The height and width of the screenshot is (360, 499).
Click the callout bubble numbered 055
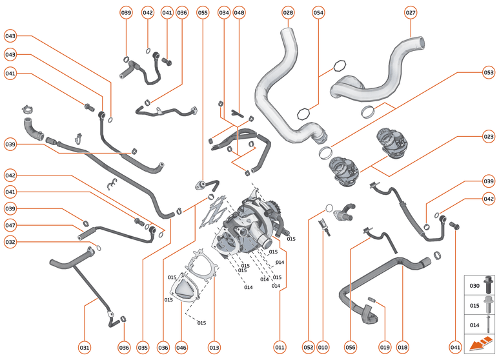203,12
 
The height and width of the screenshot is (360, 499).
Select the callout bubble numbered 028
289,12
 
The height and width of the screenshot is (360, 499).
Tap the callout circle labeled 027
411,12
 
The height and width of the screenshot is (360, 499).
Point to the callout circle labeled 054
318,12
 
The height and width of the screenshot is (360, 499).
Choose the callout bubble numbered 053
488,73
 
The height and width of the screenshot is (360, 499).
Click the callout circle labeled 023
488,136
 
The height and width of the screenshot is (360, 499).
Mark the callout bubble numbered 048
239,12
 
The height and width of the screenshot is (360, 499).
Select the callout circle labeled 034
224,12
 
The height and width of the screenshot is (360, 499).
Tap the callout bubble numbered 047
10,225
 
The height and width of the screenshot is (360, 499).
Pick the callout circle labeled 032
10,243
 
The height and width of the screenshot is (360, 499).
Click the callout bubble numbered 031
85,347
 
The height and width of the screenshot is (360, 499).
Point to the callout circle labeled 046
181,347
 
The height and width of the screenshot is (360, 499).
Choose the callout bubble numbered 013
214,347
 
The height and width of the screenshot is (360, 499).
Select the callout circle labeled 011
280,347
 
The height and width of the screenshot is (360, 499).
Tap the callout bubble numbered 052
308,347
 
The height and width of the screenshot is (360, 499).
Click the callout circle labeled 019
385,347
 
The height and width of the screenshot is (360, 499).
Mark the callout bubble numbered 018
403,347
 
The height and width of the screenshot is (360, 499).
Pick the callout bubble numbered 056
351,347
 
